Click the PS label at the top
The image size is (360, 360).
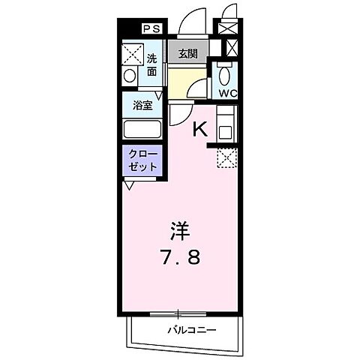(x=151, y=28)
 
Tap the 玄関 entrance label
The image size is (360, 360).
(x=187, y=53)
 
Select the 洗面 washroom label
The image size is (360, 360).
(x=151, y=64)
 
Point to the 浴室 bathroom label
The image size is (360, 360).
(x=142, y=106)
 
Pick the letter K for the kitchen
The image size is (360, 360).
(x=200, y=128)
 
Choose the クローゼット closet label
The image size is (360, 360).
(x=142, y=159)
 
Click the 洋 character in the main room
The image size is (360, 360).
(x=178, y=227)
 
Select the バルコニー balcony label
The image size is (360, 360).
(x=191, y=330)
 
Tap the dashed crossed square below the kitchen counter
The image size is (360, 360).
(x=226, y=157)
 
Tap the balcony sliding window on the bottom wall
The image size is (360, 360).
(x=177, y=313)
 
